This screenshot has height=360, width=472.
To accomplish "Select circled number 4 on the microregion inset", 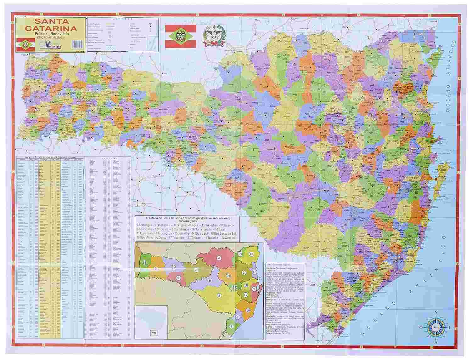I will pos(219,258).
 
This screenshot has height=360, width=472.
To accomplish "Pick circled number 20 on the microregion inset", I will pos(173,266).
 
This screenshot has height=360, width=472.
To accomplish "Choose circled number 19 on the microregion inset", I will pos(248,310).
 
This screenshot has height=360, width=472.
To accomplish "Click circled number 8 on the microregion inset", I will pos(210,280).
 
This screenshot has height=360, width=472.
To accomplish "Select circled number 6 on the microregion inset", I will pos(178,278).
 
